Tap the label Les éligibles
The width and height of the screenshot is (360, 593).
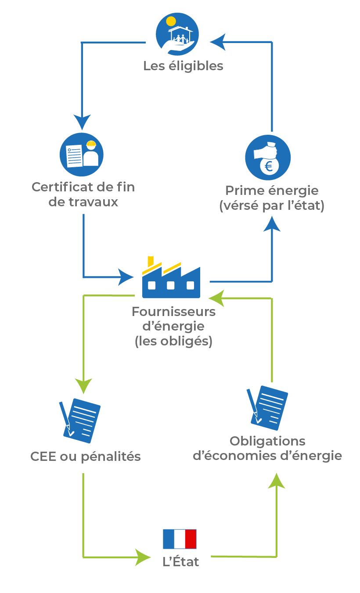(183, 66)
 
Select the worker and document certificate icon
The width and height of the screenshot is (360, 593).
(82, 155)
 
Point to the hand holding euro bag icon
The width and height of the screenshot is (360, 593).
(268, 157)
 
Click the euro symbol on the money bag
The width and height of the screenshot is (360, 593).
(269, 166)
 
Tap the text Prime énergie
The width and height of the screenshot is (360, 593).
(272, 191)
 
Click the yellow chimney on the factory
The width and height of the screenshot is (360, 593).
(150, 261)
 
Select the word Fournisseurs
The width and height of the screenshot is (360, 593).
(174, 312)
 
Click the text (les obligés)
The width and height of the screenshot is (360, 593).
(173, 341)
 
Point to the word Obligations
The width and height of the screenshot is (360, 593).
(267, 441)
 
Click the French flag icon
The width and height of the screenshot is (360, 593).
(180, 539)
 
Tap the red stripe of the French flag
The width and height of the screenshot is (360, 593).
(191, 539)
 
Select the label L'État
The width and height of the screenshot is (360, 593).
(181, 562)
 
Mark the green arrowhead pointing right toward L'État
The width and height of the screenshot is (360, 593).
(143, 557)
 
